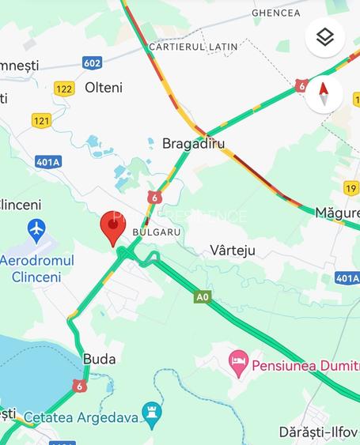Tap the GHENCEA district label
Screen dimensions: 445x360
pyautogui.click(x=276, y=13)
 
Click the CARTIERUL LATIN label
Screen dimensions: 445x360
pyautogui.click(x=192, y=47)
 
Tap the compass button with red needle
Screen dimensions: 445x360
pyautogui.click(x=324, y=94)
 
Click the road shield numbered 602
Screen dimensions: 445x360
pyautogui.click(x=93, y=62)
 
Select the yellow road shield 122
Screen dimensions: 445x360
pyautogui.click(x=64, y=89)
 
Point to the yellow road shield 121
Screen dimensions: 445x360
pyautogui.click(x=43, y=119)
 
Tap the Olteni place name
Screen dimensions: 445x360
pyautogui.click(x=104, y=88)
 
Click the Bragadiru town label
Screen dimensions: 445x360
pyautogui.click(x=194, y=144)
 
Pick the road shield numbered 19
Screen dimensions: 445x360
pyautogui.click(x=351, y=187)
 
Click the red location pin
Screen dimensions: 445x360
pyautogui.click(x=113, y=228)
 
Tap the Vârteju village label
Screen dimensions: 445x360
pyautogui.click(x=233, y=251)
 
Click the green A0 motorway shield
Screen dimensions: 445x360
pyautogui.click(x=203, y=296)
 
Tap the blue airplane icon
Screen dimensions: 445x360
pyautogui.click(x=36, y=230)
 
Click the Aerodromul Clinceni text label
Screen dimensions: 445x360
pyautogui.click(x=36, y=269)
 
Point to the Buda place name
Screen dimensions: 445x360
pyautogui.click(x=99, y=359)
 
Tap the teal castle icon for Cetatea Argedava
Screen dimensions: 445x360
pyautogui.click(x=151, y=413)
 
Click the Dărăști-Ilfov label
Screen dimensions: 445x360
pyautogui.click(x=319, y=432)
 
